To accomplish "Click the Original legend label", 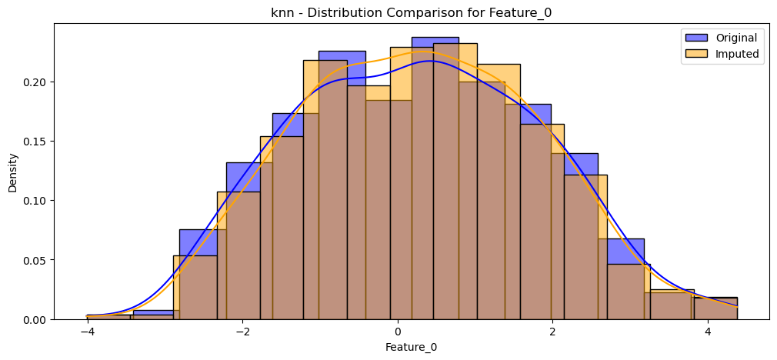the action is pos(736,38).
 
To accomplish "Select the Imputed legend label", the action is pos(737,54).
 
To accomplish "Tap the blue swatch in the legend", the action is pos(695,38).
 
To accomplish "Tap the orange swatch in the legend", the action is pos(695,54).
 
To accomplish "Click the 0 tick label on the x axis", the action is pos(398,332).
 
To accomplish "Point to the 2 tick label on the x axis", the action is pos(552,332).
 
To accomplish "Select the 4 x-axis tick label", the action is pos(708,332).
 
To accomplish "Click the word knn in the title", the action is pos(281,13).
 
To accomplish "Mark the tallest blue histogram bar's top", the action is pos(435,37).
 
